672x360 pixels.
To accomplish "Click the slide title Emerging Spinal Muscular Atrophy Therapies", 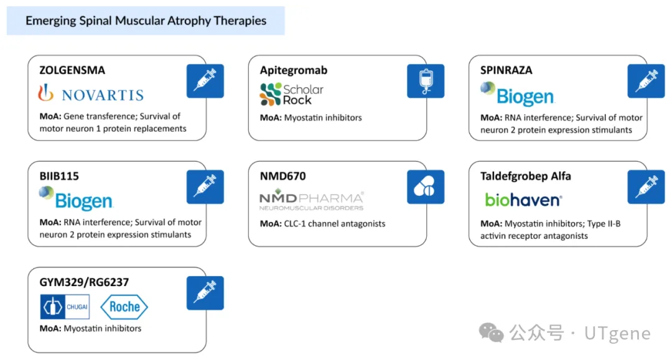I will click(146, 21).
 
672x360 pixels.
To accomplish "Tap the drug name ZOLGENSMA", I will click(72, 70).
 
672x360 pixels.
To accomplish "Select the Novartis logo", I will click(91, 94).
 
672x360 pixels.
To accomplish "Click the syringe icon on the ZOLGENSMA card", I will click(205, 81).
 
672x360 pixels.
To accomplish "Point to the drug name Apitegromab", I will click(294, 70).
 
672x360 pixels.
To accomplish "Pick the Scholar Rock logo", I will click(292, 95).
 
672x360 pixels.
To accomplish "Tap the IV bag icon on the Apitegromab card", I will click(426, 81).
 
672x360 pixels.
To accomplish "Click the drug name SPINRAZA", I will click(506, 70).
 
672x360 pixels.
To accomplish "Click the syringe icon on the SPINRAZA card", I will click(646, 81).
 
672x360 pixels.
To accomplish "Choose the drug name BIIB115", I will click(59, 176).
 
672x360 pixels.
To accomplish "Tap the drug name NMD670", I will click(283, 176).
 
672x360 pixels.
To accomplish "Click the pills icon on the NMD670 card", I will click(426, 187).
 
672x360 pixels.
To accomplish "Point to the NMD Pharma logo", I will click(312, 200).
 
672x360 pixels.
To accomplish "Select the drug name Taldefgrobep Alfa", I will click(526, 176).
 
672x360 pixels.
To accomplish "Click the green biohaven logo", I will click(523, 200).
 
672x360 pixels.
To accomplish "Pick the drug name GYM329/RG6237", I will click(84, 282).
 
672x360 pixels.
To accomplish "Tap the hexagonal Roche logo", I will click(124, 307).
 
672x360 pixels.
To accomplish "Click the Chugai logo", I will click(65, 307).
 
